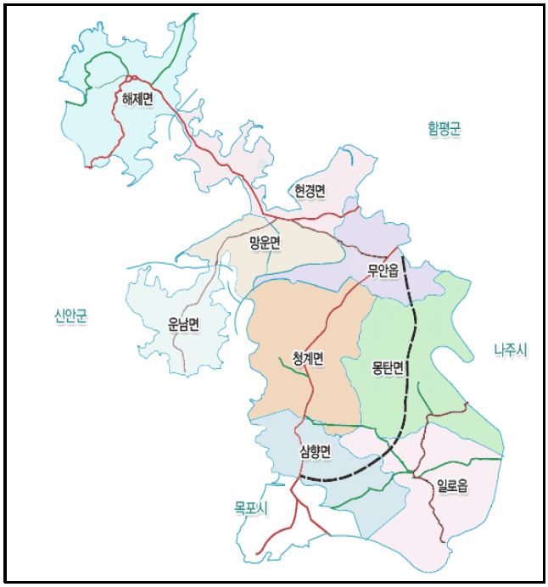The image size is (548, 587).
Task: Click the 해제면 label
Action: [137, 101]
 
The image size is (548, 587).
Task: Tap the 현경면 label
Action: [310, 191]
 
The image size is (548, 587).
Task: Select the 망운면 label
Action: [265, 243]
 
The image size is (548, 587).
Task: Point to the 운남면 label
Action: [184, 324]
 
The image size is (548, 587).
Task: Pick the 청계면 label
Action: [303, 359]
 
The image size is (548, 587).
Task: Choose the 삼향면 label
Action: [315, 451]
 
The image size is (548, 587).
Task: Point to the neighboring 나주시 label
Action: [510, 349]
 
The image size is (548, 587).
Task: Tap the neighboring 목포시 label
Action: [251, 508]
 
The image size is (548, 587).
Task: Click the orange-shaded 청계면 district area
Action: [280, 322]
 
